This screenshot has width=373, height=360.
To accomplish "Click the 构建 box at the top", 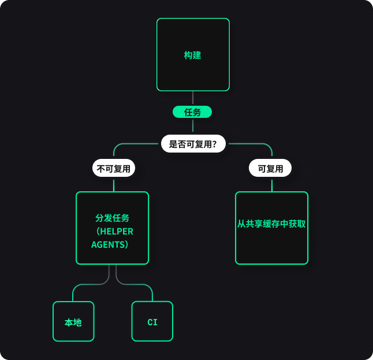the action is (x=193, y=54).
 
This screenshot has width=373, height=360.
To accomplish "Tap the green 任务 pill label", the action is (x=192, y=112).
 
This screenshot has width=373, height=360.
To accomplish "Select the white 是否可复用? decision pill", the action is (x=193, y=144).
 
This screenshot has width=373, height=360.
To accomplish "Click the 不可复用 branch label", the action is (x=114, y=168).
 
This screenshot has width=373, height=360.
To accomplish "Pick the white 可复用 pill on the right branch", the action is (x=270, y=168).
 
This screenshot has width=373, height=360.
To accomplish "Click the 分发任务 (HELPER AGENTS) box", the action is (x=112, y=228).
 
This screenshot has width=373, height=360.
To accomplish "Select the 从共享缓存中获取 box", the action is (x=271, y=228).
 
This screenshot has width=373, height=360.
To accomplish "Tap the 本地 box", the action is (x=73, y=321).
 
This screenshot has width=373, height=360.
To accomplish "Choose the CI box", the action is (x=152, y=321).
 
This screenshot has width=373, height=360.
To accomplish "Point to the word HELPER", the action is (x=117, y=231).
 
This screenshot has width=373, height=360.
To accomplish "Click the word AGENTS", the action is (x=108, y=245).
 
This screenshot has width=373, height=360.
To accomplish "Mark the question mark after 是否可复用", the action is (x=214, y=144).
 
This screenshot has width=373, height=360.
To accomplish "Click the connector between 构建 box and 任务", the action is (x=193, y=98).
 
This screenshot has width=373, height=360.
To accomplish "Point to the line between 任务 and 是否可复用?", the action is (x=193, y=127).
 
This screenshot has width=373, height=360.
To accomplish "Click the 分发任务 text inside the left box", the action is (x=112, y=218).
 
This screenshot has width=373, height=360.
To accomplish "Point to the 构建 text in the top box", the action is (x=192, y=55).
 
